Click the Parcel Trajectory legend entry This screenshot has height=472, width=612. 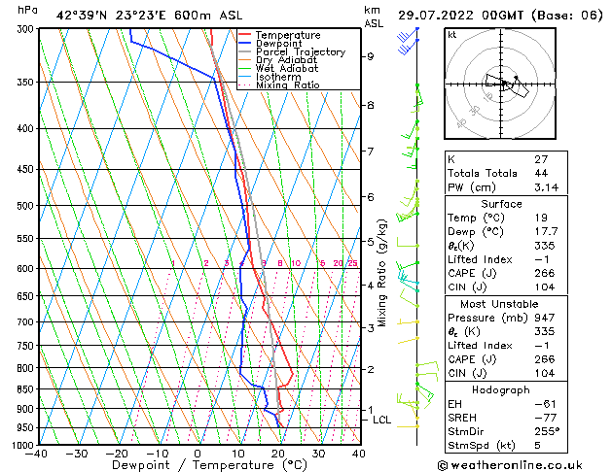pos(300,51)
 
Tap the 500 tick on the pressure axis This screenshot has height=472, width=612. pos(26,206)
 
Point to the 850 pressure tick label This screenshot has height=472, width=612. pos(26,388)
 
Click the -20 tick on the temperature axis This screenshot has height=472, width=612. pos(116,454)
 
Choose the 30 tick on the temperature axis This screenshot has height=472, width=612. pos(318,454)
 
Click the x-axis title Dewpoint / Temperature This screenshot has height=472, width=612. pos(198,465)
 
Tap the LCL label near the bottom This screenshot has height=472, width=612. pos(382,421)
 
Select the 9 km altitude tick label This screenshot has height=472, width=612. pos(371,56)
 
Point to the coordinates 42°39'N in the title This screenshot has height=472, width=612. pos(81,15)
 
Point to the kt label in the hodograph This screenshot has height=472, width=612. pos(452,34)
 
